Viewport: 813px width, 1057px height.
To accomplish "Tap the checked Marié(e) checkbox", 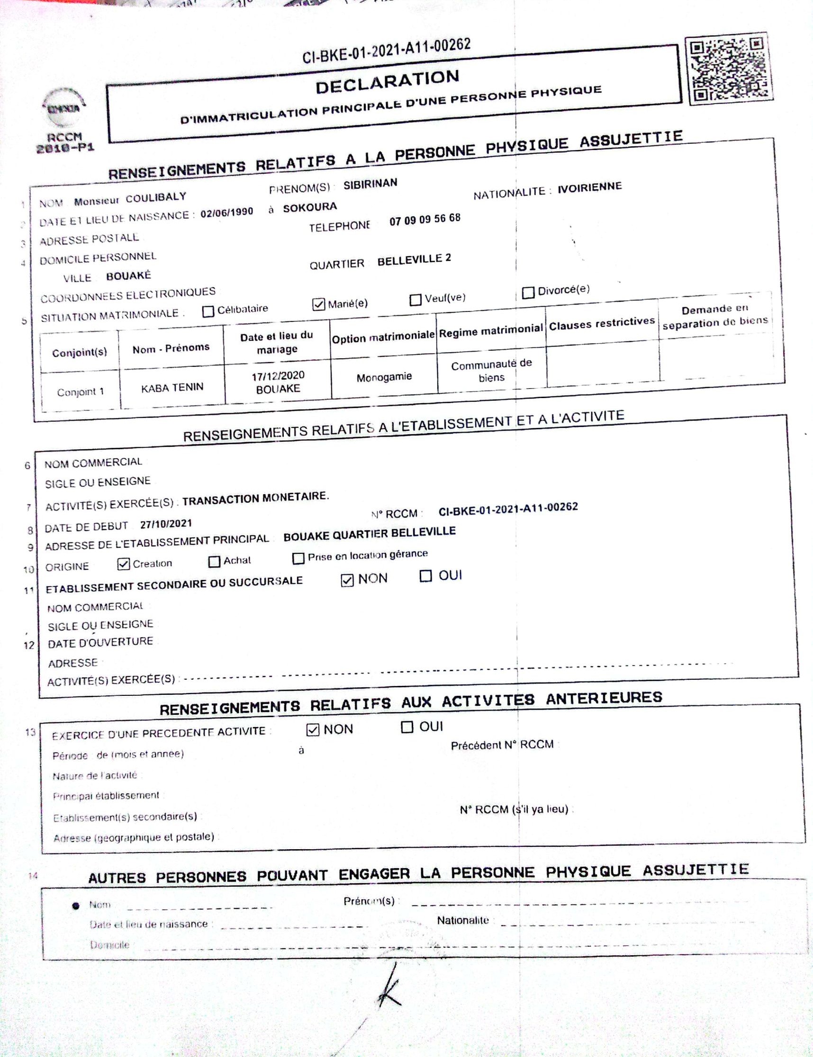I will (318, 304).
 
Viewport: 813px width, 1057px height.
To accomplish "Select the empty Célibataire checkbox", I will (208, 311).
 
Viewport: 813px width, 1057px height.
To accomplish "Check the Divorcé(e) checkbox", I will (528, 293).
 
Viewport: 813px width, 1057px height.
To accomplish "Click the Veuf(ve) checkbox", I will (415, 300).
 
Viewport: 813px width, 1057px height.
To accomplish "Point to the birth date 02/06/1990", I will (226, 213).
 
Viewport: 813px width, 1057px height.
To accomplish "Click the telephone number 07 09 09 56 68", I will (425, 220).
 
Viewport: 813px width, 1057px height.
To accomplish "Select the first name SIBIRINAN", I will (370, 184).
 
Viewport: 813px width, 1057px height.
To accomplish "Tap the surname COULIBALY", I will (156, 198).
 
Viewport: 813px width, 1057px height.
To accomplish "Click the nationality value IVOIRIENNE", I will (589, 187).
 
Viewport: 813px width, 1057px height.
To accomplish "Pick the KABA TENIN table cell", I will (172, 388).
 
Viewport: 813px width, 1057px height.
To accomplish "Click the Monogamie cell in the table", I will (384, 377).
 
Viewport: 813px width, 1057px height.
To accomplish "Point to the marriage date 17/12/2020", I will (278, 376).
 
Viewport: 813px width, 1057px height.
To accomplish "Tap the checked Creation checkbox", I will (123, 564).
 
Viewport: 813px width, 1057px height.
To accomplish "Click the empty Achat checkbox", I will (214, 561).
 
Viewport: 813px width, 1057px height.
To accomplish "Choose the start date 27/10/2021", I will (166, 524).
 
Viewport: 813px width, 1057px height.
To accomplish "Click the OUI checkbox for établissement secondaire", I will (425, 576).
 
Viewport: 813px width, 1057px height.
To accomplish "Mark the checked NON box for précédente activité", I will (313, 730).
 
